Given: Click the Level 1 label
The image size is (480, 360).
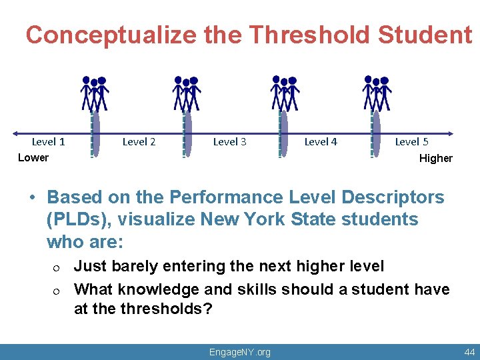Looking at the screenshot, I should pos(48,141).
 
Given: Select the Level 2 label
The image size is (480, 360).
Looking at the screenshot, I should pos(139,141).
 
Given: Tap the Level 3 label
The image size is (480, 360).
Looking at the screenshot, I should pos(229,141).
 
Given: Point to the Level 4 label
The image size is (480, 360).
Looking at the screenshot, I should pos(321,141).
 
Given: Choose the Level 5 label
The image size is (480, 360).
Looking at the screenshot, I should pos(411,141).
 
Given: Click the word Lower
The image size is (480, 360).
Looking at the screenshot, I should pos(33,158).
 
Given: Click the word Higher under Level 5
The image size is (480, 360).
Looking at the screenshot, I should pos(435,159).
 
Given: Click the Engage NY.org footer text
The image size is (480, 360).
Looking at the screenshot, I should pos(240,352).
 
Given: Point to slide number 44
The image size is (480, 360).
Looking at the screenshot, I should pos(469,352).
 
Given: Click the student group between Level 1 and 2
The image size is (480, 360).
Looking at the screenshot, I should pos(95,93).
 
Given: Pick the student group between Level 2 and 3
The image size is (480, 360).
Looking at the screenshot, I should pos(187,93).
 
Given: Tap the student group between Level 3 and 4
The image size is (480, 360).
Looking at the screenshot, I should pos(285,93).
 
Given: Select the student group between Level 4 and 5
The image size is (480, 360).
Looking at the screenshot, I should pos(377,93).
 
